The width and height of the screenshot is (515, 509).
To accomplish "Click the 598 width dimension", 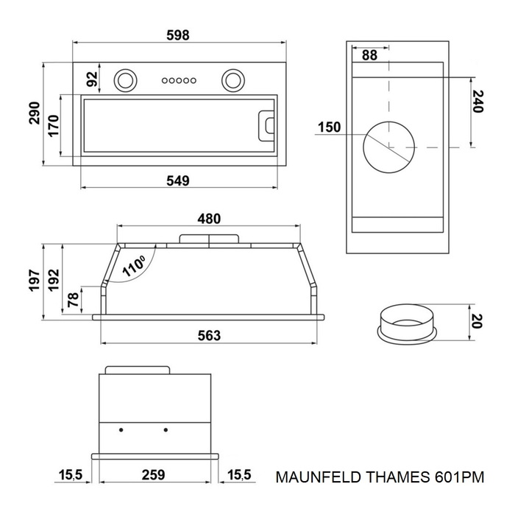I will [x=178, y=35].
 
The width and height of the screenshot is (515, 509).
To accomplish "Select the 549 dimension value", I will [x=178, y=180].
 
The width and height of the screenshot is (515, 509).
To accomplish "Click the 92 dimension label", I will [x=93, y=79].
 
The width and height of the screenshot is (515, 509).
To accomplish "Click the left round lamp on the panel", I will [x=125, y=79].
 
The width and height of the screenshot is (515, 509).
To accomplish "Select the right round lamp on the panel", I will [x=234, y=79].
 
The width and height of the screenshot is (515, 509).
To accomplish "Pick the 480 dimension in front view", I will [x=209, y=219].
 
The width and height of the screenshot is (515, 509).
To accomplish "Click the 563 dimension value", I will [x=209, y=335].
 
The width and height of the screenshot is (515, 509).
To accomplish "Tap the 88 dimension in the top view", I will [x=369, y=55].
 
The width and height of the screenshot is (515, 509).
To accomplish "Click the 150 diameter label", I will [x=328, y=127].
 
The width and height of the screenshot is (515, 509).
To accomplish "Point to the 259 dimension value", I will [x=154, y=475].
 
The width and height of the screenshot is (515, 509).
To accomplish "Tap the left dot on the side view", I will [x=121, y=429].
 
